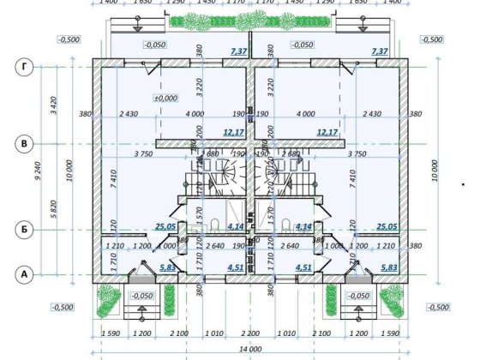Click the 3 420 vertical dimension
[52, 105]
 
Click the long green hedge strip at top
[251, 19]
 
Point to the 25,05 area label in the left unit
[166, 227]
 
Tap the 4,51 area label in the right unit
[303, 267]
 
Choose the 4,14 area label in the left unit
[236, 227]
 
